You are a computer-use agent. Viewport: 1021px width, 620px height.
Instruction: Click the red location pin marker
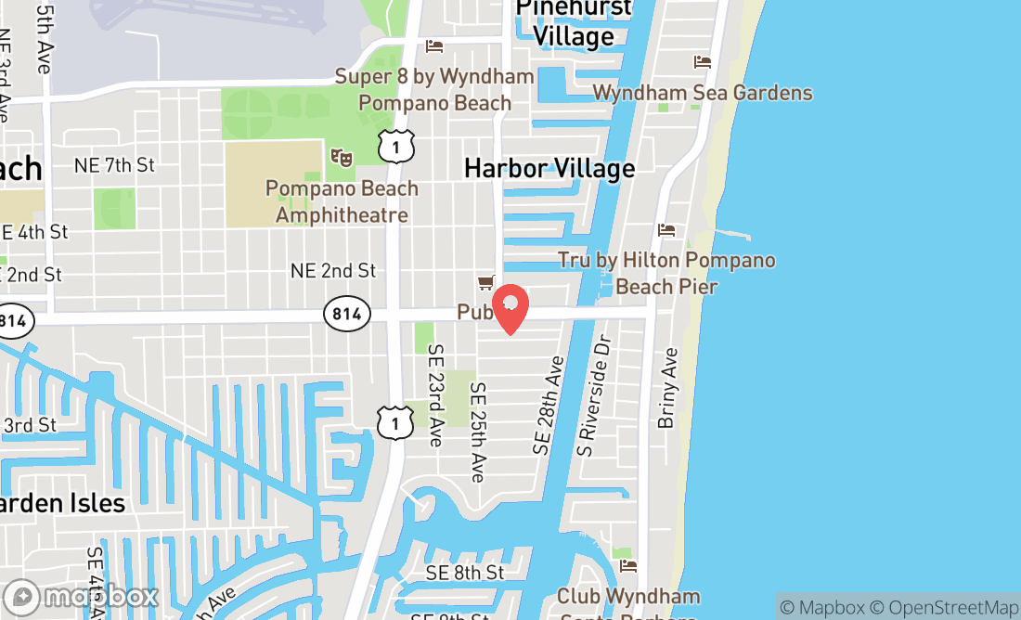tap(510, 307)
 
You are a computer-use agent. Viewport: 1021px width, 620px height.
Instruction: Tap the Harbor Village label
tap(549, 168)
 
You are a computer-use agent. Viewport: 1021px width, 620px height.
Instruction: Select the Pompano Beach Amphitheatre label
tap(342, 201)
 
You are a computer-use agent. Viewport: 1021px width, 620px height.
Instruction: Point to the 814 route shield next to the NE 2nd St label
tap(346, 314)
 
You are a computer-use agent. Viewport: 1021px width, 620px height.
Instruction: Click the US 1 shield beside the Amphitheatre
tap(396, 147)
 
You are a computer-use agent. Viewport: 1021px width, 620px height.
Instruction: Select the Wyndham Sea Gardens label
tap(703, 93)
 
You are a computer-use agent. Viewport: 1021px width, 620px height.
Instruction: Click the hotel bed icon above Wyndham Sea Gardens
tap(703, 62)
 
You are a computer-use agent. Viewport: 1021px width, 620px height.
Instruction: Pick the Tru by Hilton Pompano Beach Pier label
tap(666, 273)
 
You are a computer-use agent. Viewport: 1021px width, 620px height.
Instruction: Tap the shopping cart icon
tap(485, 282)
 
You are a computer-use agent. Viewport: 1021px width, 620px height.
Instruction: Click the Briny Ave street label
tap(667, 388)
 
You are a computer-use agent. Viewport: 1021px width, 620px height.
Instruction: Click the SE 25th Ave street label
tap(477, 433)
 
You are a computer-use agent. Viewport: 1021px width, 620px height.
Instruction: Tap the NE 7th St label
tap(114, 165)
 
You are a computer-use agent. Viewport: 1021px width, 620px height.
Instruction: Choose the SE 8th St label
tap(465, 573)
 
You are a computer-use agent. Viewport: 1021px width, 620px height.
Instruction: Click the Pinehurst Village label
tap(574, 22)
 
